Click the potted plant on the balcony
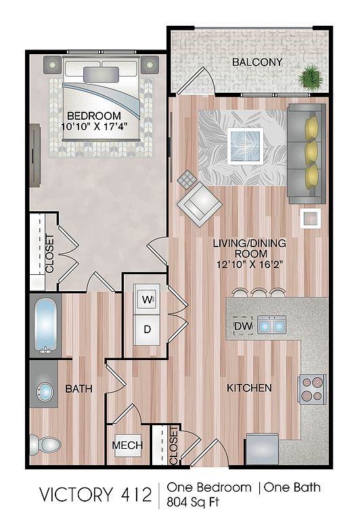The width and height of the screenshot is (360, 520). (310, 78)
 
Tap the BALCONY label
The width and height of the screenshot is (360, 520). (257, 62)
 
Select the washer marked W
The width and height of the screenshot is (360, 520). (147, 300)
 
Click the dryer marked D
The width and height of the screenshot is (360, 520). (147, 329)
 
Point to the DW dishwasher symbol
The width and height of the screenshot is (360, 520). (244, 326)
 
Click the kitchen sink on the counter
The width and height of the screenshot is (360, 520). (272, 324)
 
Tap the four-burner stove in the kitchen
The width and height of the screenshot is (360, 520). (312, 389)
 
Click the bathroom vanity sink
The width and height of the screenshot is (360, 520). (45, 391)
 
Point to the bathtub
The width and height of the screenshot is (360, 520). (45, 326)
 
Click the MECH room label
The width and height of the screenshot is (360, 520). (127, 445)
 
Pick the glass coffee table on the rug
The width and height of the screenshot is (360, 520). (246, 146)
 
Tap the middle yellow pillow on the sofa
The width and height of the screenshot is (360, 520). (311, 153)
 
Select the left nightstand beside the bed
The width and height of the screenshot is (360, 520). (52, 65)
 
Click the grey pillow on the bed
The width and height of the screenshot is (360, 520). (101, 74)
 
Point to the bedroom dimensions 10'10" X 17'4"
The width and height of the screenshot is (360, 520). (95, 127)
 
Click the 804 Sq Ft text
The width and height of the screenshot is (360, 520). (193, 502)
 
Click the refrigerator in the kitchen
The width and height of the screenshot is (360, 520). (262, 449)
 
